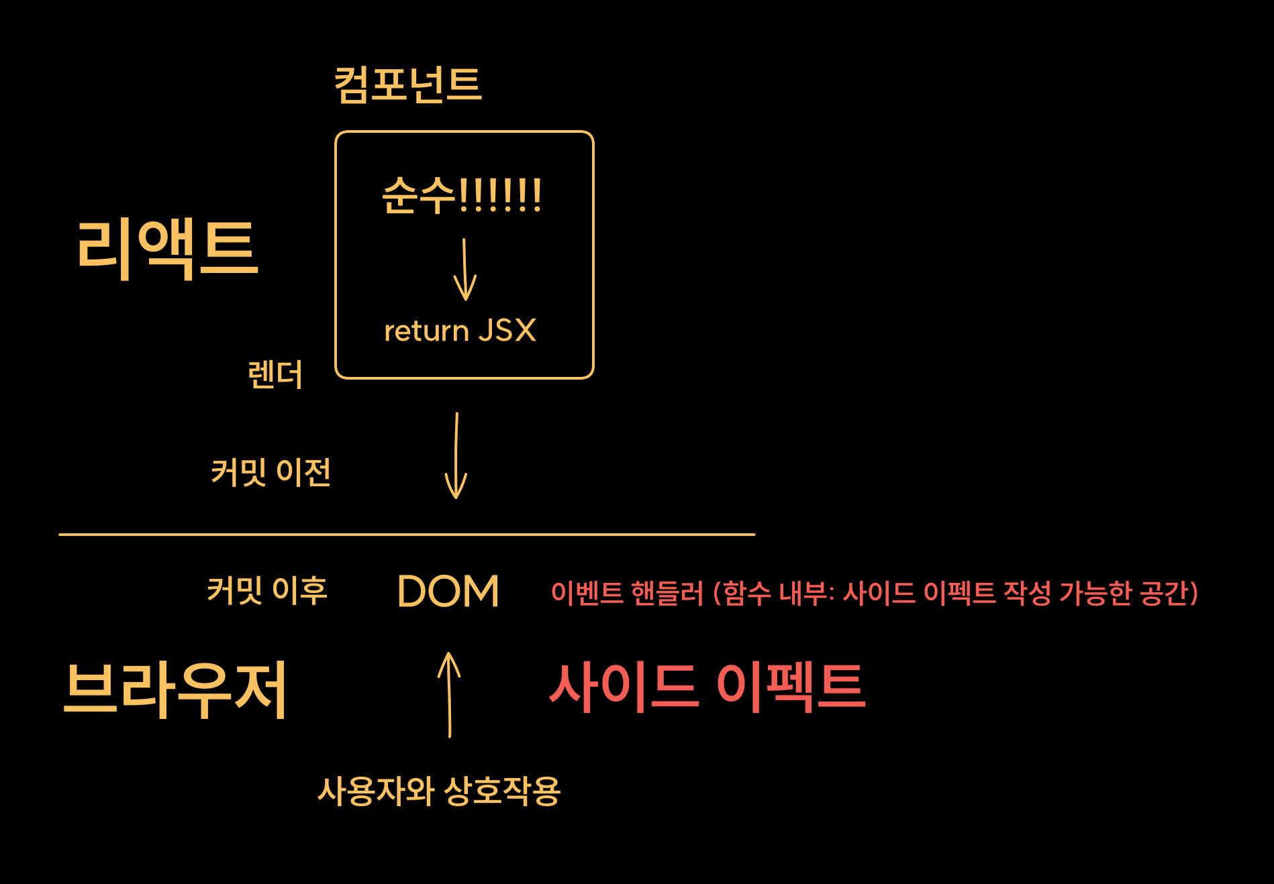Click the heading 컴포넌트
pos(408,85)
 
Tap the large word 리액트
pos(167,249)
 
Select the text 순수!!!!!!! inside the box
pos(462,195)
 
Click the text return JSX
pos(460,331)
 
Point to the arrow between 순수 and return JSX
pos(464,270)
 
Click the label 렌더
pos(275,374)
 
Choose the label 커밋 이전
pos(271,472)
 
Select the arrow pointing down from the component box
pos(456,456)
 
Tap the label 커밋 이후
pos(267,591)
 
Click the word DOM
pos(448,592)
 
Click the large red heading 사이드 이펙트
pos(707,687)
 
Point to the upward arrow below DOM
pos(449,694)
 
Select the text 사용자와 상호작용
pos(439,791)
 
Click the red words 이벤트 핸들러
pos(627,593)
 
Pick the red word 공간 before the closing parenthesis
pos(1164,593)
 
